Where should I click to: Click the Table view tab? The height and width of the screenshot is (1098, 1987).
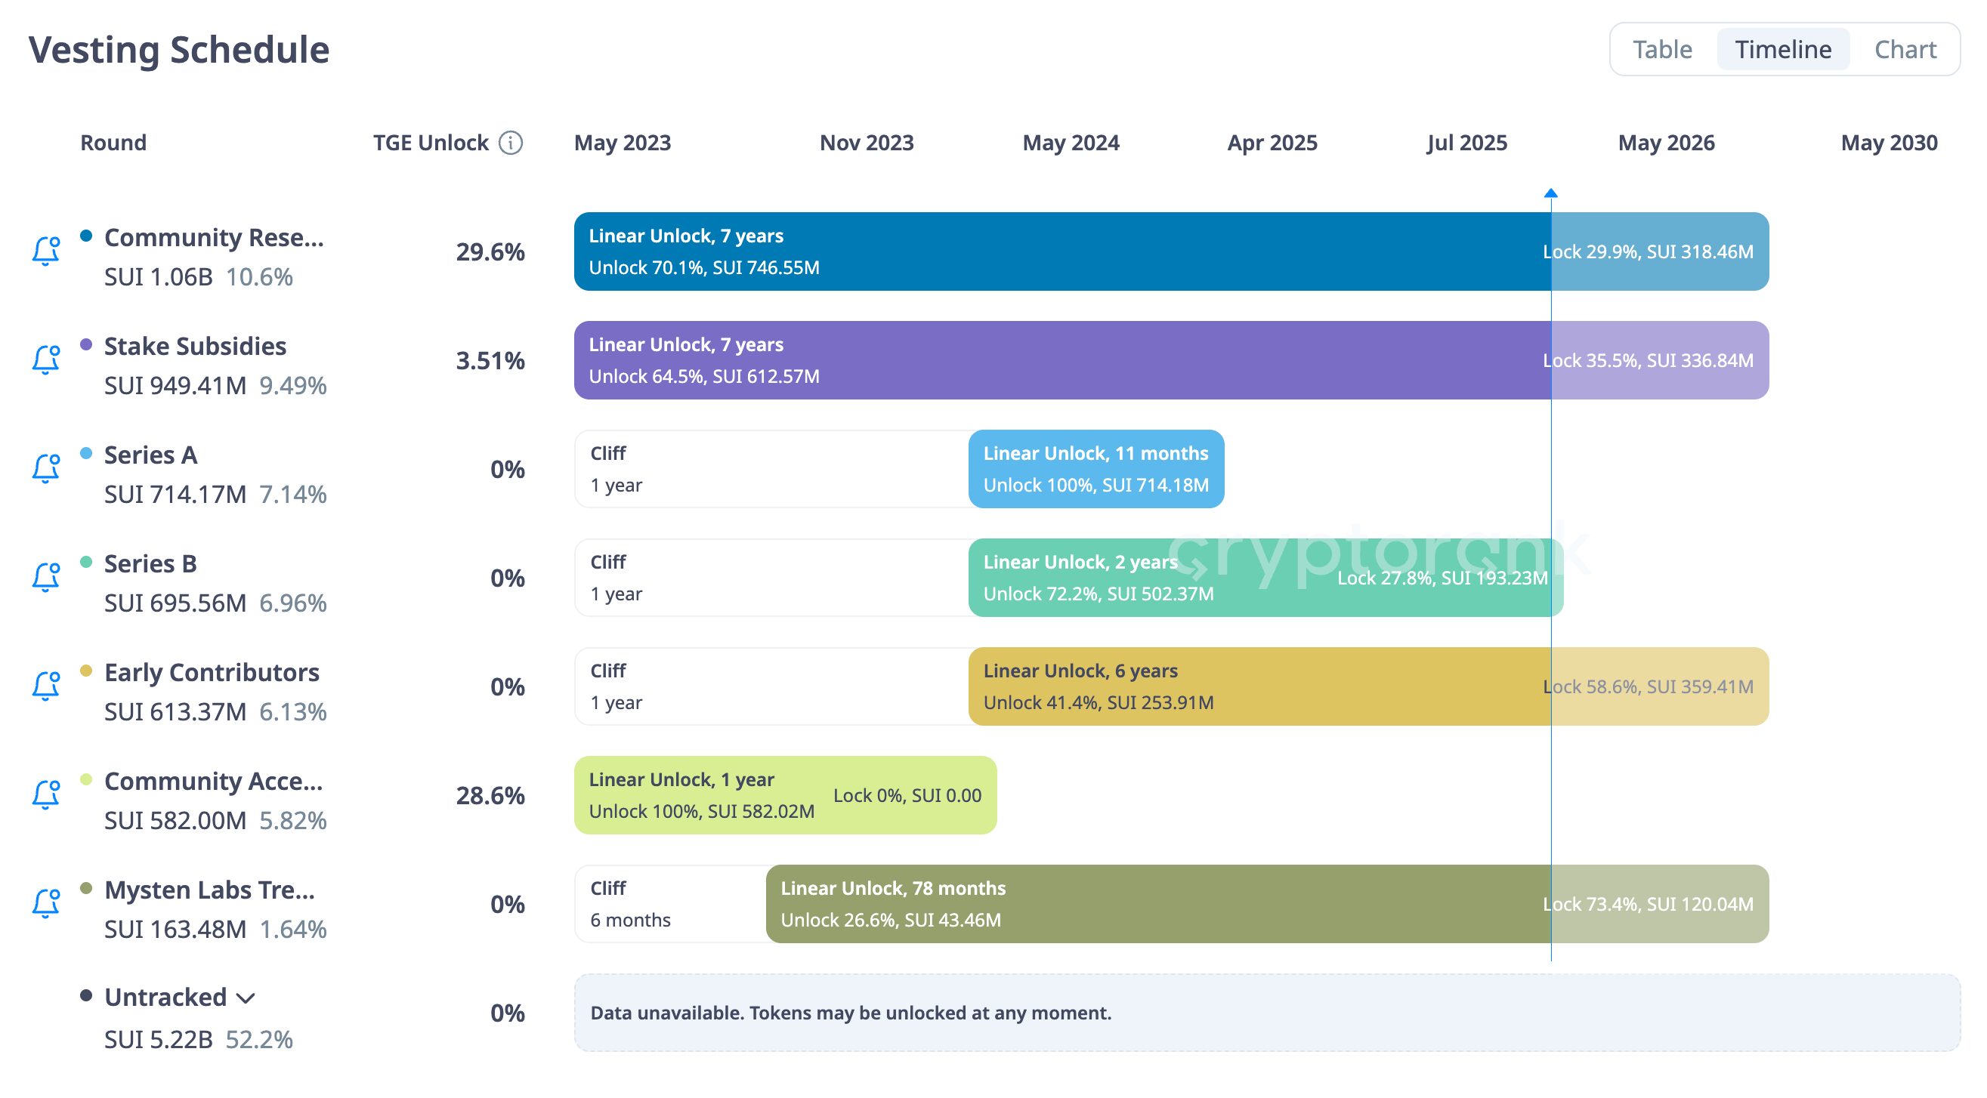coord(1661,49)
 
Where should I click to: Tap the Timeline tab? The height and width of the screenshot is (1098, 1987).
coord(1782,49)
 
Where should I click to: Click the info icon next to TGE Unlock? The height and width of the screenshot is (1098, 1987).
coord(511,143)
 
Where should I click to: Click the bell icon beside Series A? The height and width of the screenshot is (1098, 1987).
coord(45,469)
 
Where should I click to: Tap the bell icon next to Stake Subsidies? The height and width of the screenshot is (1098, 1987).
coord(45,360)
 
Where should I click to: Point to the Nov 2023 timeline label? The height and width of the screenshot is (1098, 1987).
coord(867,143)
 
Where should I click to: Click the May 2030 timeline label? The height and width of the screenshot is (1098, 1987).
coord(1888,143)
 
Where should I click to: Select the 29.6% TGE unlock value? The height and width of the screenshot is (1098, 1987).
coord(490,252)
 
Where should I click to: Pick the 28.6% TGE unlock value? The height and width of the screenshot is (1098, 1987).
coord(490,796)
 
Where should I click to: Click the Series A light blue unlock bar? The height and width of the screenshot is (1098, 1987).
coord(1095,469)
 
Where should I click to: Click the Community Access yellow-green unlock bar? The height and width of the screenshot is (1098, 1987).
coord(784,795)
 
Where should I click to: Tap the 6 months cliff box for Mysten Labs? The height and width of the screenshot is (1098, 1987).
coord(669,904)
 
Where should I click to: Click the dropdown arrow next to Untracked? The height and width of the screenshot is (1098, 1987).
coord(246,998)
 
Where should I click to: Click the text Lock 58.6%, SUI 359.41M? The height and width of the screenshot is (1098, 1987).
coord(1648,686)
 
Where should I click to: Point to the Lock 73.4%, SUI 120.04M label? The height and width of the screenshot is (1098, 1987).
coord(1648,904)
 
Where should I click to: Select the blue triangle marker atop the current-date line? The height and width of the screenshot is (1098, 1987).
coord(1550,193)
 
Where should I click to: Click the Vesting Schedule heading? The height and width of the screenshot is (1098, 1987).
coord(179,50)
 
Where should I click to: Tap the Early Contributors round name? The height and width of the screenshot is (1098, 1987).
coord(212,672)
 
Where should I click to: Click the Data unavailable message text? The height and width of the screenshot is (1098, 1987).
coord(850,1013)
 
